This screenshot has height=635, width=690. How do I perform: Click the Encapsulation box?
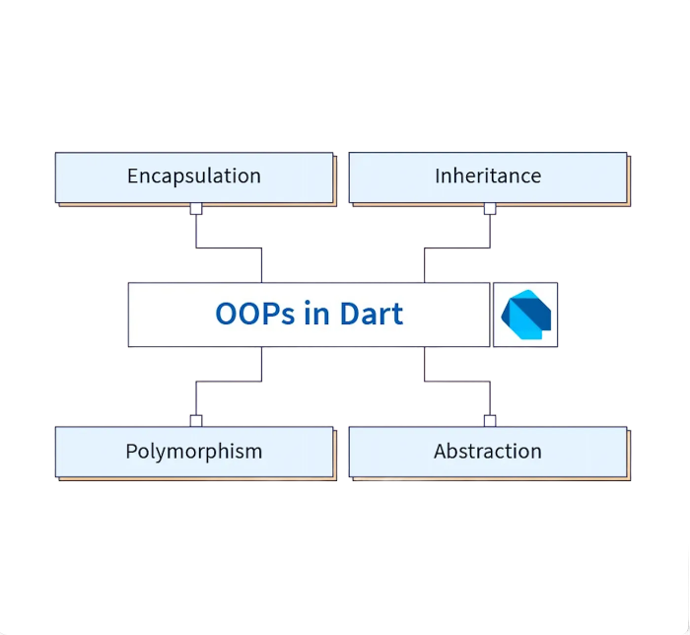click(x=194, y=176)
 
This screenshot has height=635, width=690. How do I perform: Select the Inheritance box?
click(x=488, y=176)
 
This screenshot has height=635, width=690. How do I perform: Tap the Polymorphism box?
click(x=194, y=452)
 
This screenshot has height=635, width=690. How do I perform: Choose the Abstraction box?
click(x=488, y=452)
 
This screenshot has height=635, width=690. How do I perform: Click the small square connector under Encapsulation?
click(x=196, y=208)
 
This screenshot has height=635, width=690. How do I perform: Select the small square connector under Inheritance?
click(x=489, y=208)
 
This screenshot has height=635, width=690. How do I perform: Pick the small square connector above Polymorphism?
click(x=196, y=420)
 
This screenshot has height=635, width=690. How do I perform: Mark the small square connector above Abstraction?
click(x=489, y=420)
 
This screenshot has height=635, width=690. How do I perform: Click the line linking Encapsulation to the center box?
click(x=229, y=247)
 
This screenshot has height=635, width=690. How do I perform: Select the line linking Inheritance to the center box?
click(x=456, y=247)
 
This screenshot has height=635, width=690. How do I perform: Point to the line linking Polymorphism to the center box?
click(x=229, y=382)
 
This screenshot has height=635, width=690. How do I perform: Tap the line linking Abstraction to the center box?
click(x=456, y=382)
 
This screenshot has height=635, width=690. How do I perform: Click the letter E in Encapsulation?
click(x=133, y=176)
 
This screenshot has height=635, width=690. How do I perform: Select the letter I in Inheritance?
click(x=438, y=176)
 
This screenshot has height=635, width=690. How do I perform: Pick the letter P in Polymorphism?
click(x=132, y=452)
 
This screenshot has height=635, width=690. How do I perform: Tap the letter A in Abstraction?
click(x=441, y=452)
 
